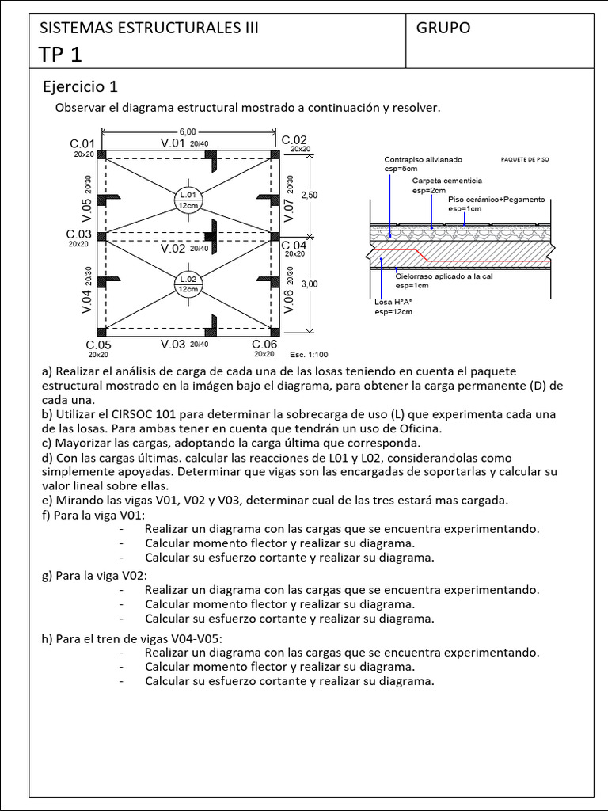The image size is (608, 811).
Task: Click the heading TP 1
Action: (60, 54)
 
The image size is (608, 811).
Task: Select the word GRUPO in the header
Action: (443, 28)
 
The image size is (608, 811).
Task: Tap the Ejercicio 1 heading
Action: (80, 86)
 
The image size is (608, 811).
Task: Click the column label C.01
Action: (82, 143)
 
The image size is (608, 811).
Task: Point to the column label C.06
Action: (264, 345)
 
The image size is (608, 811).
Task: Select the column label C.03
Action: (79, 234)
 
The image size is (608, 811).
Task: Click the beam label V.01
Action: (173, 143)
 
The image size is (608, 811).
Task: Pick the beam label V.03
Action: (173, 344)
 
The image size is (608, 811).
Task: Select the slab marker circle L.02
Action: (188, 284)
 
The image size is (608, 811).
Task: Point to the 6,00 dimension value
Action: (188, 132)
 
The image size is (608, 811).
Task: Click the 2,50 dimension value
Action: (310, 195)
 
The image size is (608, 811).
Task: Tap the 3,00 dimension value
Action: (310, 284)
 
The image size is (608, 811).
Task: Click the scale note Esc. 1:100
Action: (309, 355)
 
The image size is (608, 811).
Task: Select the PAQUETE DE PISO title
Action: (525, 159)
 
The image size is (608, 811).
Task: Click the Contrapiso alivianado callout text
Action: (423, 159)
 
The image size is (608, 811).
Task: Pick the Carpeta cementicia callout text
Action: (446, 181)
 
